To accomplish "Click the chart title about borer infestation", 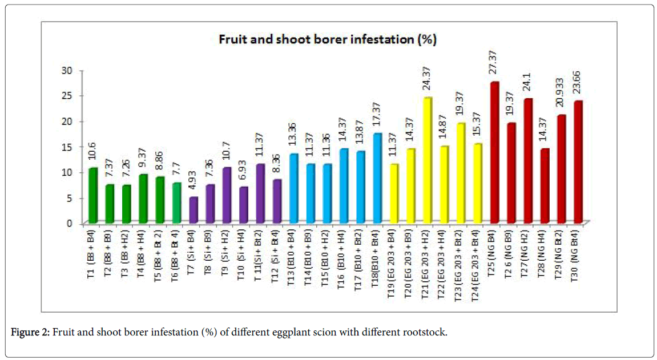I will pos(328,39).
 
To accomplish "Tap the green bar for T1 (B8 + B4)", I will pos(92,196).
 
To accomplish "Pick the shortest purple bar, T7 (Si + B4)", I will pos(194,210).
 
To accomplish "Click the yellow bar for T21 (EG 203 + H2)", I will pos(428,160).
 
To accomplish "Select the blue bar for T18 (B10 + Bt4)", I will pos(377,178).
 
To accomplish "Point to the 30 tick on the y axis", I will pos(68,71).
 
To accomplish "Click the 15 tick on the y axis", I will pos(68,147).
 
